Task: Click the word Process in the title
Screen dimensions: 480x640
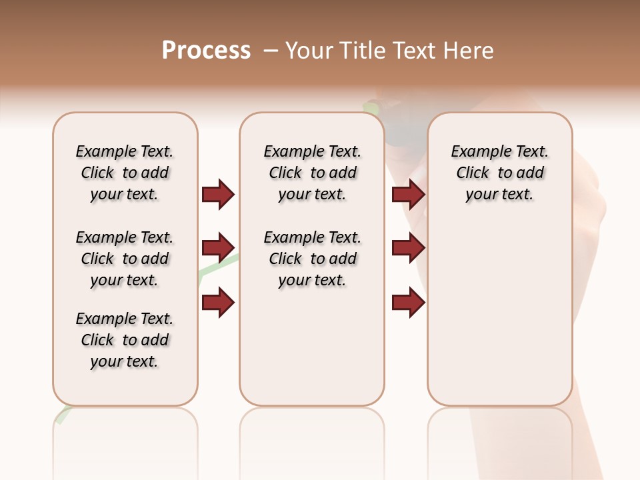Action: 206,51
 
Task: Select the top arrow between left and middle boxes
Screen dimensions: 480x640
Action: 218,194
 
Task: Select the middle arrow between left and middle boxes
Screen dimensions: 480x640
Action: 218,248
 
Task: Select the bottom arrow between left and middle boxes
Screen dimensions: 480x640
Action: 218,303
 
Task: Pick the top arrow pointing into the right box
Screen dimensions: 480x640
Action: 408,194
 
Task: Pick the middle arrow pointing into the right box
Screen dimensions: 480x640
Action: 408,248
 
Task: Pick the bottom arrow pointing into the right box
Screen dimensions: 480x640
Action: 408,303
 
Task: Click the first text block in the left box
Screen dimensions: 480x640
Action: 125,173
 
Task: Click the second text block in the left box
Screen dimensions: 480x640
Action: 125,259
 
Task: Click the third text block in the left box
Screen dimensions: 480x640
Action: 125,340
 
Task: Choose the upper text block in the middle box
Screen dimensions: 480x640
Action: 312,173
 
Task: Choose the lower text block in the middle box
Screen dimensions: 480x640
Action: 312,259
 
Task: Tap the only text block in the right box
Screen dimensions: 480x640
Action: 499,173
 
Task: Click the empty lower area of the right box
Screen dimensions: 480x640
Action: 499,313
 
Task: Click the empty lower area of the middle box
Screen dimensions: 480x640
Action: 312,347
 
